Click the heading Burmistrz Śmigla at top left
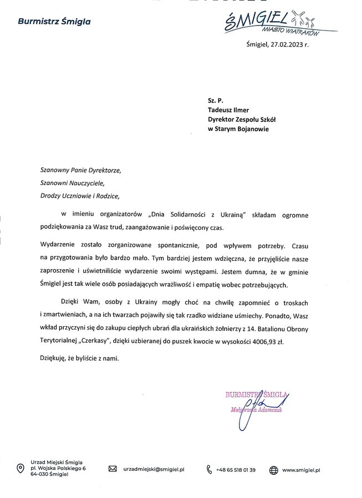coord(54,22)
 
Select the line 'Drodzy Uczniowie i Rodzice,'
coord(79,195)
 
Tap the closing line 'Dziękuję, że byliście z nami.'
coord(79,358)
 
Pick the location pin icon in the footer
coord(21,469)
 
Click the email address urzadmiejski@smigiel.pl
coord(153,469)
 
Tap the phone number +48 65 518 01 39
coord(236,469)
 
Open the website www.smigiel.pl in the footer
coord(302,469)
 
